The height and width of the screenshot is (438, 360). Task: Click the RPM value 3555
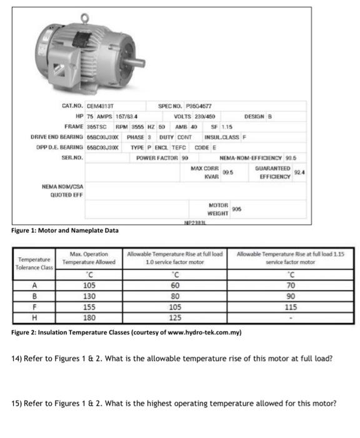[139, 126]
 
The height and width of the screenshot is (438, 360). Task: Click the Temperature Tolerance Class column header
[34, 263]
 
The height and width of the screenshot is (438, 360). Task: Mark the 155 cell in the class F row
[90, 307]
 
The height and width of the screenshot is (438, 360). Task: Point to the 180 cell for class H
[90, 317]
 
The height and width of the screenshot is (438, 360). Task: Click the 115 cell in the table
[290, 307]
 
